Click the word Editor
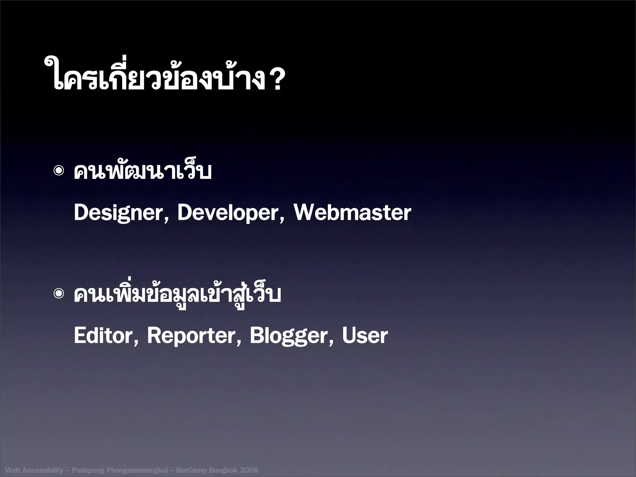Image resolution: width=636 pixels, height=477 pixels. (x=103, y=336)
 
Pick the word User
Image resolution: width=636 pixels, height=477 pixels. (x=365, y=336)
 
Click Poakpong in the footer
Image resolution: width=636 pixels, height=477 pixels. (x=88, y=470)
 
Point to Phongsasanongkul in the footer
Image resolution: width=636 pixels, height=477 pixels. (x=137, y=470)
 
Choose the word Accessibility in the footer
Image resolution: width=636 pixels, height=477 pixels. (x=43, y=470)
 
